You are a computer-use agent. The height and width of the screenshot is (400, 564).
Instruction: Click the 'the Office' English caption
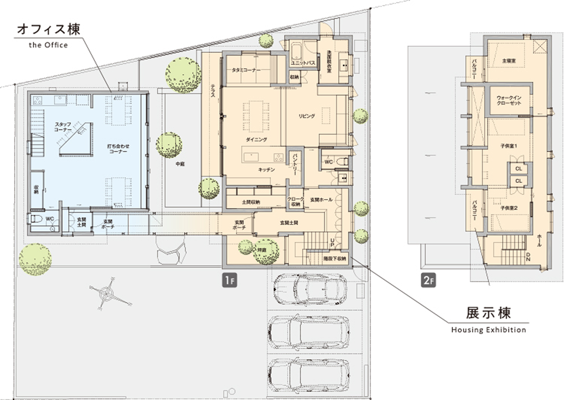48,45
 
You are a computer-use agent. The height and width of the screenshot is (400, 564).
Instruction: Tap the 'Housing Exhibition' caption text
488,330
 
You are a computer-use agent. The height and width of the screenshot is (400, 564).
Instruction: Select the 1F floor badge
229,280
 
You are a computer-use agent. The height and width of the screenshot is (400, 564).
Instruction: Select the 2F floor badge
428,280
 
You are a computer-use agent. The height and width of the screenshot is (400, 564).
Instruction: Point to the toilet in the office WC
36,219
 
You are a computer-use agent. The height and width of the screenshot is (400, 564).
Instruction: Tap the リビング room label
307,116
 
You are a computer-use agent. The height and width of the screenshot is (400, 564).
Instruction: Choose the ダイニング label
256,139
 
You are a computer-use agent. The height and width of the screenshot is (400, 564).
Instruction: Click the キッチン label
266,170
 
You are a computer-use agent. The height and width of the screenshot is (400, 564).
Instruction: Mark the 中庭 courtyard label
180,164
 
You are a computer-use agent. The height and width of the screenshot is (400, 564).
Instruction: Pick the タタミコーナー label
244,70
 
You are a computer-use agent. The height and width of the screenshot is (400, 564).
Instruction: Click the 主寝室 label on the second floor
509,61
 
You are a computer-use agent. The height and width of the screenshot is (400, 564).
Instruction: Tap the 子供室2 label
509,208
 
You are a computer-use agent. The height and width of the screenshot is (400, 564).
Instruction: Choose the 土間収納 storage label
251,202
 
